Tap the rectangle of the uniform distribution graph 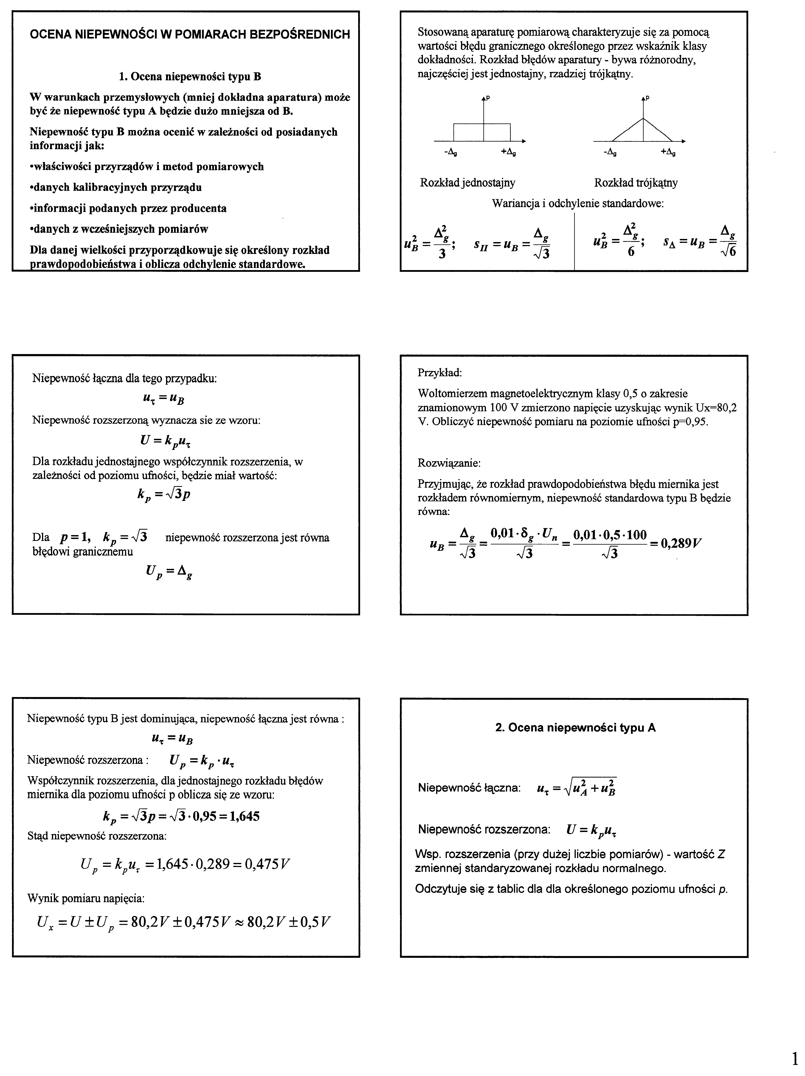point(481,132)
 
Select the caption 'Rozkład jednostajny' point(467,183)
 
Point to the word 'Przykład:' point(440,373)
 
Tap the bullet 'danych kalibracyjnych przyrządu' point(116,187)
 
